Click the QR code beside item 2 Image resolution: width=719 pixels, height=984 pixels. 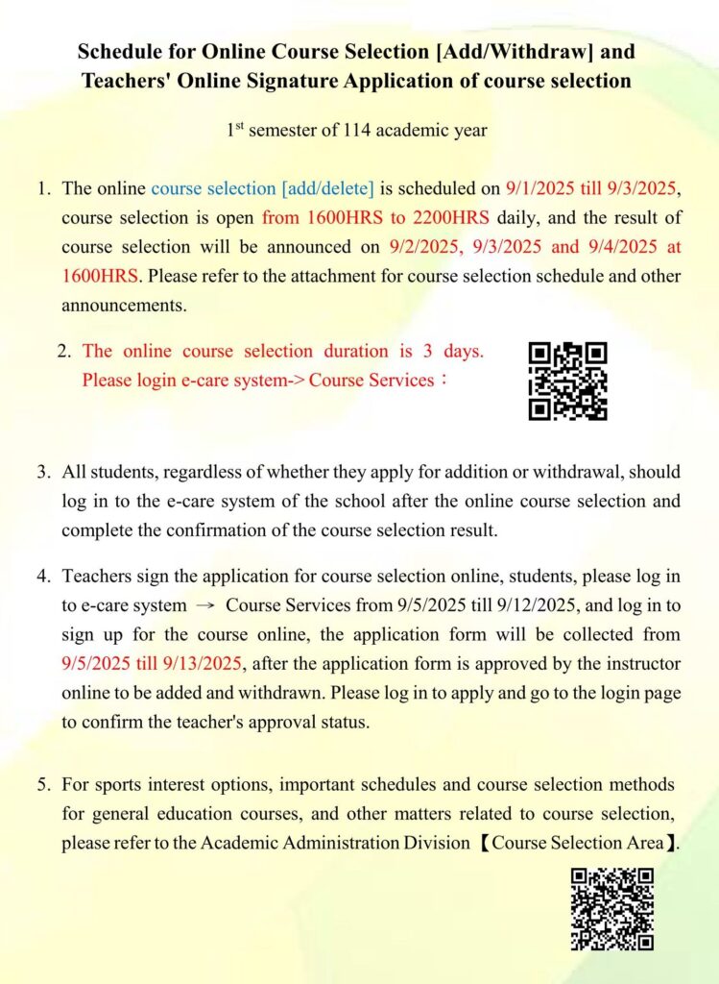click(567, 381)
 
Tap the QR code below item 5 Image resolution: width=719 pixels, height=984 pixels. click(611, 909)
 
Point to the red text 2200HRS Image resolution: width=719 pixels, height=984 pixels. click(453, 217)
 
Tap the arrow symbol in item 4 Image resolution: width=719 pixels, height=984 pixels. click(206, 606)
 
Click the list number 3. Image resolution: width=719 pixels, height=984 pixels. click(44, 473)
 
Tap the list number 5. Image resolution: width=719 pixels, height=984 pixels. click(44, 786)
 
